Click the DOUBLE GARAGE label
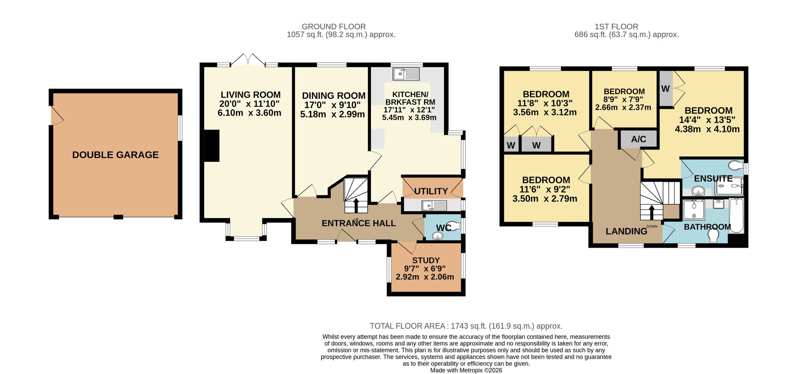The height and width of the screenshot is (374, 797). [116, 155]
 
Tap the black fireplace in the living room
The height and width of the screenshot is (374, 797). [212, 146]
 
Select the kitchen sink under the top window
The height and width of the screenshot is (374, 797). [406, 74]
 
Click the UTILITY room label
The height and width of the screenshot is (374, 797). [431, 191]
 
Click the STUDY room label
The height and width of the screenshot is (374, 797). [426, 260]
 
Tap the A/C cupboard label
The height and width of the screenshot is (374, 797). [639, 139]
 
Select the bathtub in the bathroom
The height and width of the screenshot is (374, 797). [737, 216]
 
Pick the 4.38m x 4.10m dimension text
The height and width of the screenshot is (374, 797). [707, 129]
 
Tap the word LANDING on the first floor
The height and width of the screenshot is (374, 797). [626, 231]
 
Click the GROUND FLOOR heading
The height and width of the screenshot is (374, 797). [334, 27]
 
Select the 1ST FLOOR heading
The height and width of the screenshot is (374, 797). [616, 27]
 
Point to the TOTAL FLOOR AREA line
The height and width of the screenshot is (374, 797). [466, 326]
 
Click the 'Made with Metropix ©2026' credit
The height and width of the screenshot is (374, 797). [466, 370]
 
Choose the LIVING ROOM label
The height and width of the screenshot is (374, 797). [251, 95]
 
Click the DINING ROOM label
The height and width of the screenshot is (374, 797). [334, 96]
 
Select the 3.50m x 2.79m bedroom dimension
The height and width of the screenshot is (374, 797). [545, 199]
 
